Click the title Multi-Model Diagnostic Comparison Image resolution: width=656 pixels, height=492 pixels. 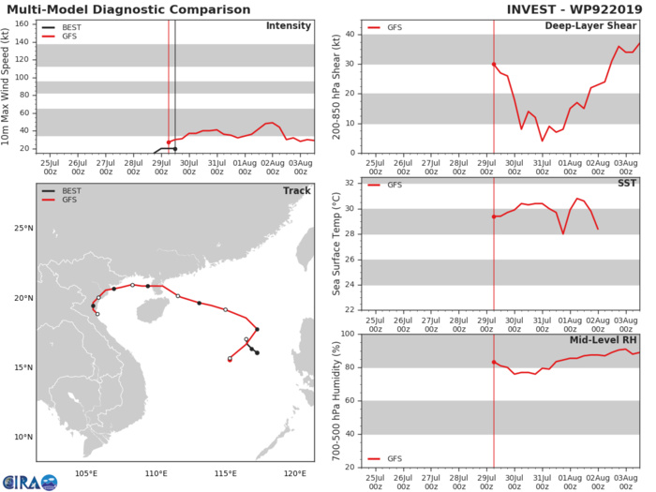click(x=127, y=10)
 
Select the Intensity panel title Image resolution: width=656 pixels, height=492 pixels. click(x=288, y=25)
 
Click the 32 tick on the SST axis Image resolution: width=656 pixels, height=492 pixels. click(x=350, y=183)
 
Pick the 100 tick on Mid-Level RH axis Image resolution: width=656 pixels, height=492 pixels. click(x=348, y=335)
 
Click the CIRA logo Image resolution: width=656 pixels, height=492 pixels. click(x=29, y=480)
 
